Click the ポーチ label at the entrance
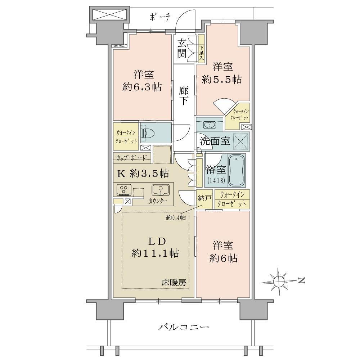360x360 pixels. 160,17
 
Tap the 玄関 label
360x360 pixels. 181,49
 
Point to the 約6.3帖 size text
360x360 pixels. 142,87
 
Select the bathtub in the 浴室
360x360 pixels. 236,170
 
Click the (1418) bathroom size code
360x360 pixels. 216,180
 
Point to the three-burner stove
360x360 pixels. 124,190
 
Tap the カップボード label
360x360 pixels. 131,158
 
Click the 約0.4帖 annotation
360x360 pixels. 176,217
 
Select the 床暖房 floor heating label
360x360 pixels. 174,283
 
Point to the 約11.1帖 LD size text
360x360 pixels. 156,253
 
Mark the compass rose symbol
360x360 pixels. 279,280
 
